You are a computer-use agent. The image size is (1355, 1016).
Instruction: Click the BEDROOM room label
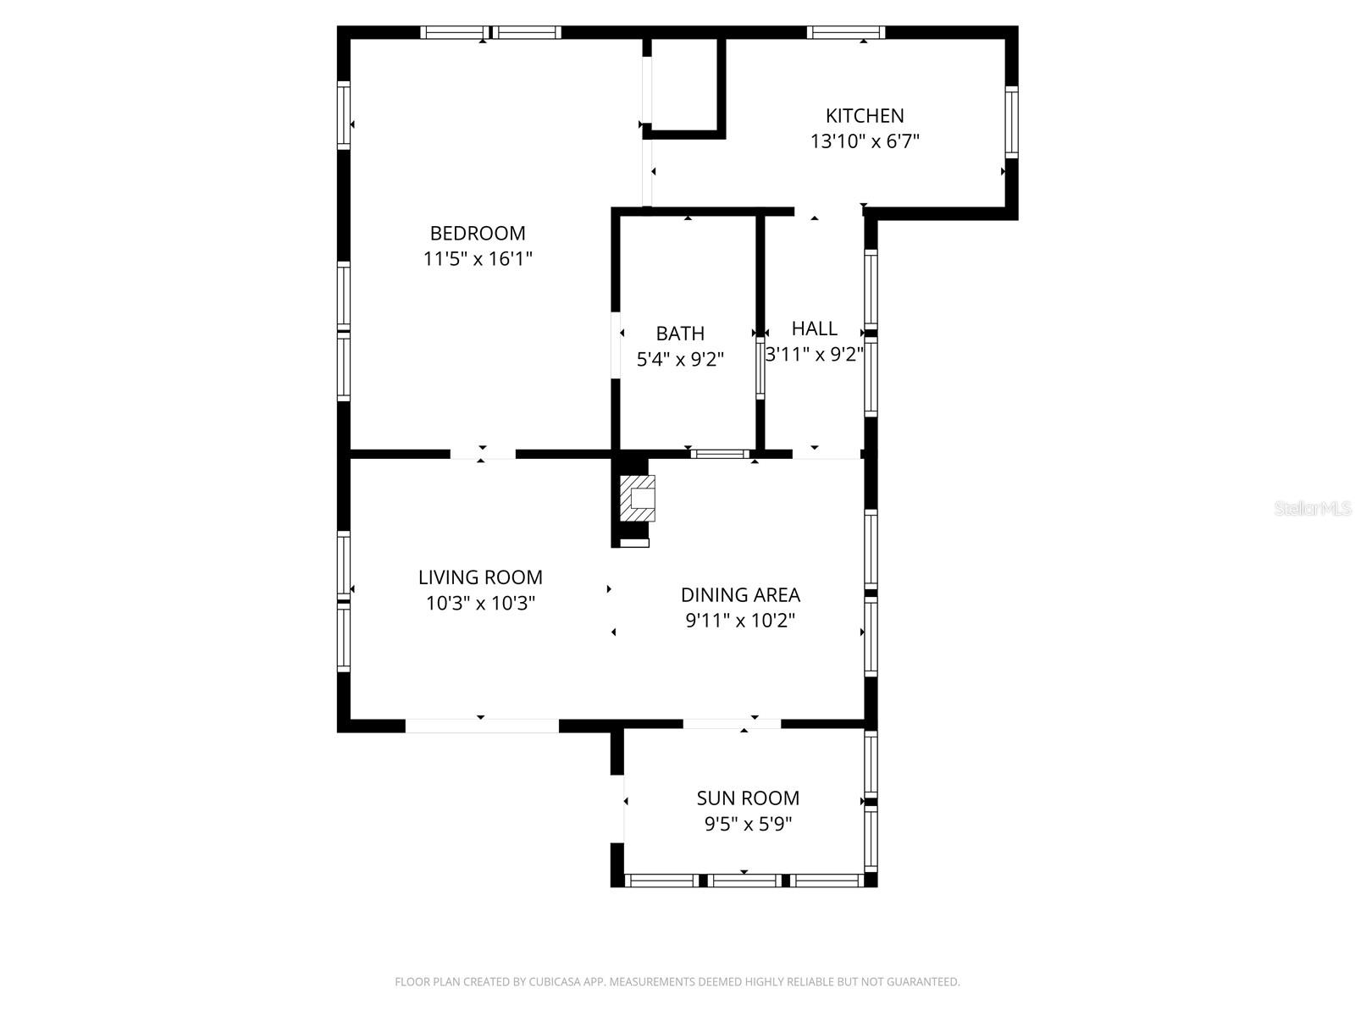[x=477, y=233]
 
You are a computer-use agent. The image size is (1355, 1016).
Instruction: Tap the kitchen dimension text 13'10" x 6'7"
[x=865, y=141]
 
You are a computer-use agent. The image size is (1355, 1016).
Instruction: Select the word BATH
[x=680, y=334]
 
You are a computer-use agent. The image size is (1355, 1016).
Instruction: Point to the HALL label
[x=814, y=329]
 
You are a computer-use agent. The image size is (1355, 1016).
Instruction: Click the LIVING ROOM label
[x=480, y=577]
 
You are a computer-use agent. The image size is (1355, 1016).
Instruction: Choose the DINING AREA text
[x=740, y=594]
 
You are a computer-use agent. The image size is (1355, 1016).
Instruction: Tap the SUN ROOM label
[x=748, y=798]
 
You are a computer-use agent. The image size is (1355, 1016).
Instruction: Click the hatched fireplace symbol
[x=638, y=499]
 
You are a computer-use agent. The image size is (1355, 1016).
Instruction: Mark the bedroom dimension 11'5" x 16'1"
[x=477, y=259]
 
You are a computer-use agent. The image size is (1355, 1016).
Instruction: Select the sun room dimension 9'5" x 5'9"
[x=748, y=824]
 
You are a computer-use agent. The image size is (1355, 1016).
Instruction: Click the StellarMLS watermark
[x=1312, y=509]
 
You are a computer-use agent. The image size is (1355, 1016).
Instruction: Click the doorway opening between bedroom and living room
[x=482, y=454]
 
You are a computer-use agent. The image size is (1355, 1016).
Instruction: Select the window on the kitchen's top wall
[x=845, y=33]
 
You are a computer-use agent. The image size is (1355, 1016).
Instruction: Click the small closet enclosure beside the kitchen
[x=683, y=85]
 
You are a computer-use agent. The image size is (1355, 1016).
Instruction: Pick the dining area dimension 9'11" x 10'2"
[x=740, y=621]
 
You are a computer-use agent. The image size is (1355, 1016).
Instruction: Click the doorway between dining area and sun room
[x=732, y=724]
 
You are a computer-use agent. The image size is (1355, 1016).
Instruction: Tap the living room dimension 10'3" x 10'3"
[x=480, y=604]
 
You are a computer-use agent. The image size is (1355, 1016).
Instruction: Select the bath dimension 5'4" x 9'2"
[x=680, y=360]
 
